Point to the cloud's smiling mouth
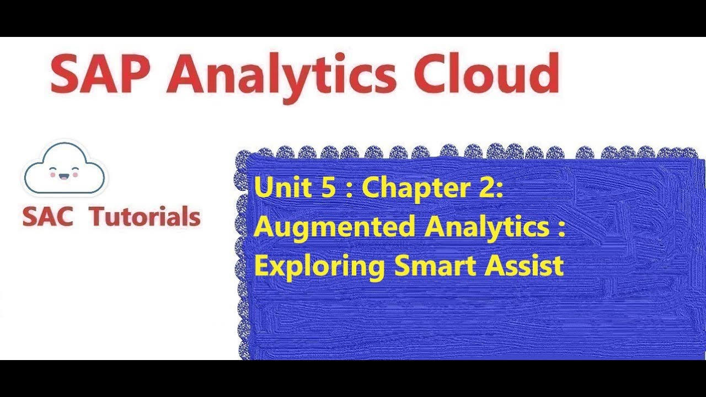click(x=65, y=177)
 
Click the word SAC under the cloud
click(x=48, y=217)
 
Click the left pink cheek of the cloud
click(x=53, y=174)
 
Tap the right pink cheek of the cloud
click(x=77, y=174)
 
